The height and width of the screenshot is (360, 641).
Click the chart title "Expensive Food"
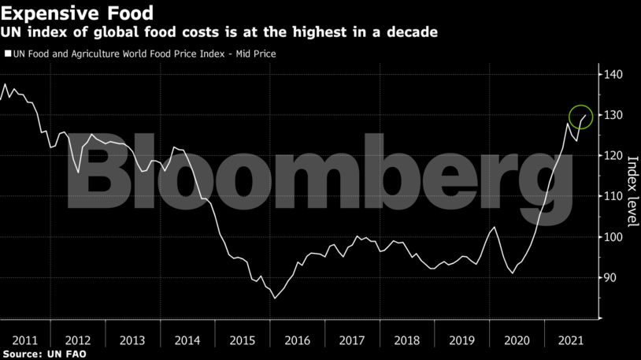click(76, 13)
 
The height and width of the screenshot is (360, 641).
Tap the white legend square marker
click(8, 54)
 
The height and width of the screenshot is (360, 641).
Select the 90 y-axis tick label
click(612, 278)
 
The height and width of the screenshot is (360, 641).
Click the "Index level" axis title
click(631, 177)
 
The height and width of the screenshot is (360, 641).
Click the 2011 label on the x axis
click(25, 340)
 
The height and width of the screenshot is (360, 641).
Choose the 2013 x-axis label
click(132, 340)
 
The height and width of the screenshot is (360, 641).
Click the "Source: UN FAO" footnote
click(44, 354)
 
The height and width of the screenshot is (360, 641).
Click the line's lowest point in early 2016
click(275, 299)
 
